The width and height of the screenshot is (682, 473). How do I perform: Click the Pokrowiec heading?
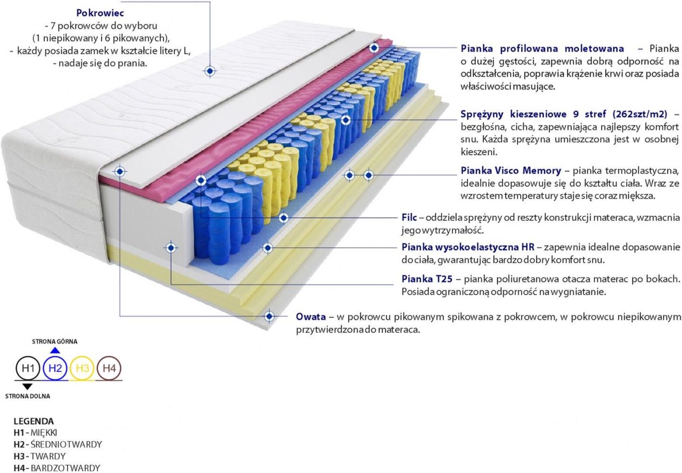click(100, 13)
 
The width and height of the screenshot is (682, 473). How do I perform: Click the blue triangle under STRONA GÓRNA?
click(55, 350)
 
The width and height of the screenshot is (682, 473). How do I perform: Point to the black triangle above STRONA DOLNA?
click(27, 386)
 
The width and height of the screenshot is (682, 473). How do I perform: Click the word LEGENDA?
click(34, 421)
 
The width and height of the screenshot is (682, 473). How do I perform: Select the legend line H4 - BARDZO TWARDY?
click(57, 468)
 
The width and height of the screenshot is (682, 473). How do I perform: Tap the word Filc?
click(409, 217)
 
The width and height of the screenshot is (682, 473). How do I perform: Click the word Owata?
click(311, 317)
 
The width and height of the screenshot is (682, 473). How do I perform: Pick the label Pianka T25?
click(427, 279)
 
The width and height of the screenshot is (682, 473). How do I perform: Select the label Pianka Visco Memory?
click(511, 170)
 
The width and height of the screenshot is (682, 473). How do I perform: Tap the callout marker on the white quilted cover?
click(210, 71)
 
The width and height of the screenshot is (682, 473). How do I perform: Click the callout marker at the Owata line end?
click(269, 316)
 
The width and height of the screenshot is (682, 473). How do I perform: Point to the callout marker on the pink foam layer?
click(374, 48)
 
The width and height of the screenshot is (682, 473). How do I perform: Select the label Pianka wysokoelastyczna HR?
click(468, 247)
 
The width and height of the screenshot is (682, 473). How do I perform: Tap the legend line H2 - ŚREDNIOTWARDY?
click(58, 444)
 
